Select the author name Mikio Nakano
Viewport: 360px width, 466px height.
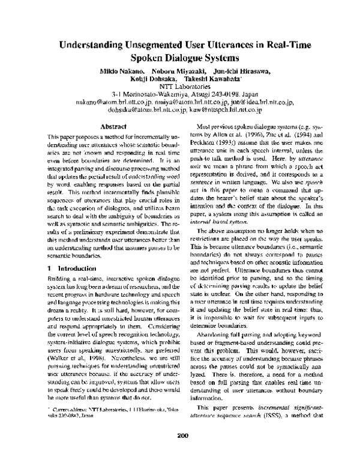click(114, 72)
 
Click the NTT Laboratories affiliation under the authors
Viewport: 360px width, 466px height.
click(179, 88)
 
